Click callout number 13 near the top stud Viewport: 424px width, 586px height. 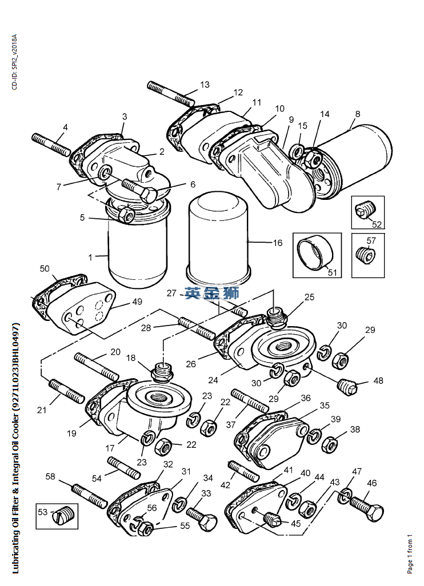[205, 85]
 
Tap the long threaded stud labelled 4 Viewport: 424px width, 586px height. [51, 145]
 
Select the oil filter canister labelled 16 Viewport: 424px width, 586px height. [219, 238]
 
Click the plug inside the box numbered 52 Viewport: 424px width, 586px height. [366, 211]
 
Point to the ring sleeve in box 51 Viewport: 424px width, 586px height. [315, 252]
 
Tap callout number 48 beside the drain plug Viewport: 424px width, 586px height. [378, 381]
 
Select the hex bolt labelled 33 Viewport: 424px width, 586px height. [202, 519]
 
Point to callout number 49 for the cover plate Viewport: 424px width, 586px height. [137, 302]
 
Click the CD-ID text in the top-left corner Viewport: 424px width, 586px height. [14, 62]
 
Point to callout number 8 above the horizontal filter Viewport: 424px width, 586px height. [358, 114]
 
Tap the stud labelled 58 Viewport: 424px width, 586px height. [90, 496]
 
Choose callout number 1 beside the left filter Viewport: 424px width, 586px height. [90, 258]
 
